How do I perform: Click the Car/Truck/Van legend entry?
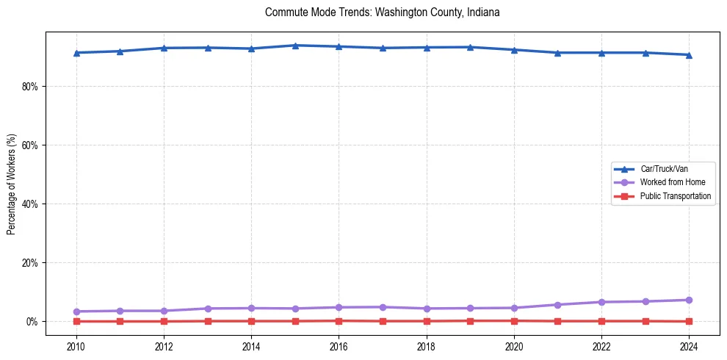click(664, 169)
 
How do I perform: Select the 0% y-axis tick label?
click(32, 321)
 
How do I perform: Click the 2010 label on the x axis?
click(76, 345)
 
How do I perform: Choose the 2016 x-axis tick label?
click(339, 345)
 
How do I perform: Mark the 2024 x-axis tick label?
click(689, 345)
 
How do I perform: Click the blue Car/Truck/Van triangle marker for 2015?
click(295, 46)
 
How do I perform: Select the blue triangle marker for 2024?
click(689, 55)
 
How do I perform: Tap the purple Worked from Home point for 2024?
click(689, 300)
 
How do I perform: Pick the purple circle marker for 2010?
click(76, 312)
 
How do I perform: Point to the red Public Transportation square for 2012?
click(164, 321)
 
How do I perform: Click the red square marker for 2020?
click(514, 320)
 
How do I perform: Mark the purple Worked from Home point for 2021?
click(557, 305)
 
